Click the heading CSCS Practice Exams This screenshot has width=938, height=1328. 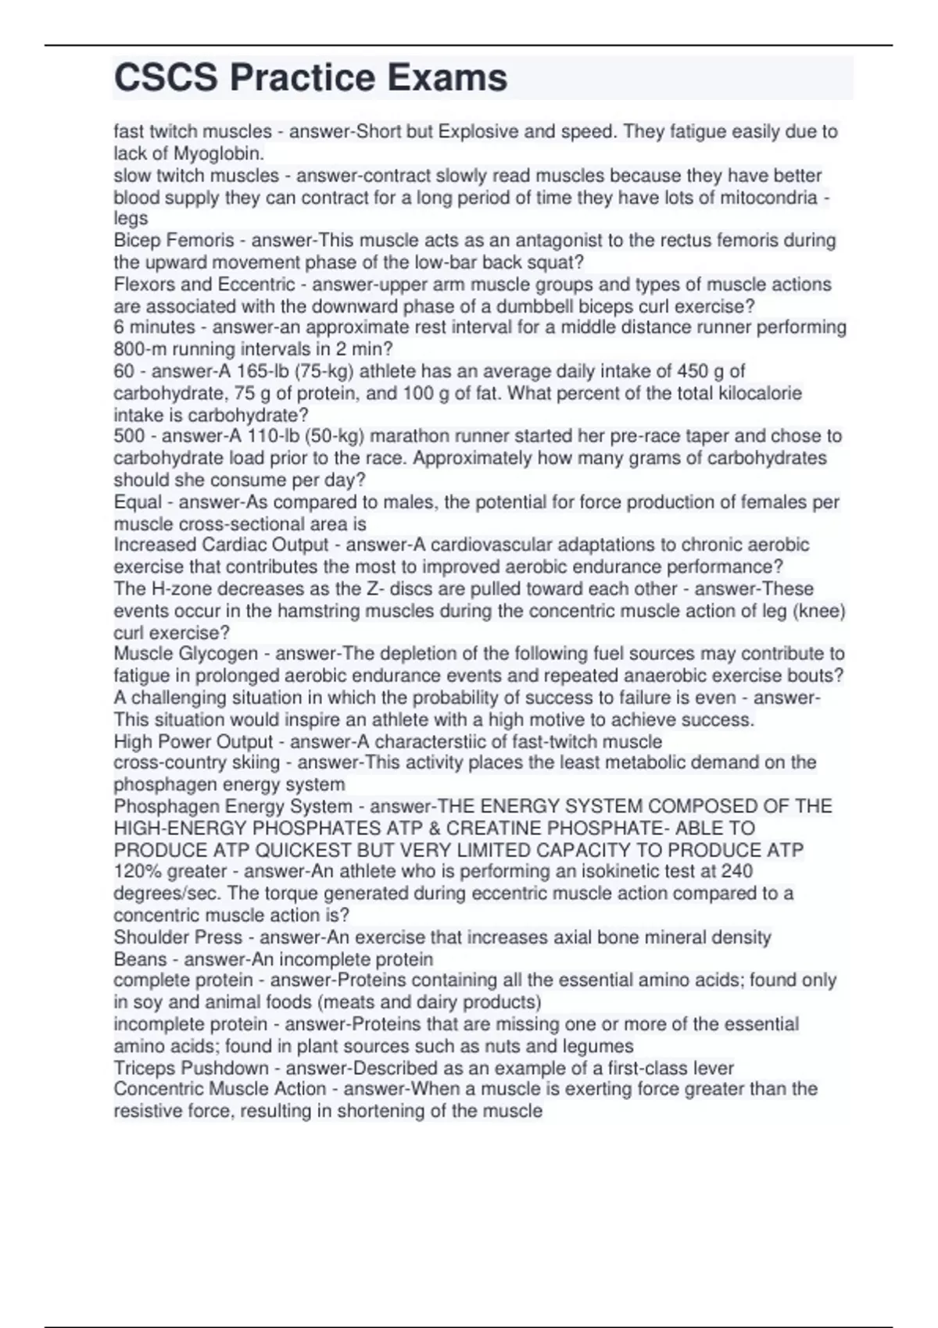[x=310, y=78]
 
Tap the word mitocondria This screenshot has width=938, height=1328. [x=757, y=198]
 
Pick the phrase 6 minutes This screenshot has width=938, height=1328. [x=154, y=327]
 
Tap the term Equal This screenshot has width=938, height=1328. [x=138, y=502]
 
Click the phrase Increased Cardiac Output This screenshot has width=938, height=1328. [x=221, y=544]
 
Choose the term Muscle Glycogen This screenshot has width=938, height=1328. [x=185, y=653]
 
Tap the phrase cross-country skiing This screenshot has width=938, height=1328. [x=196, y=762]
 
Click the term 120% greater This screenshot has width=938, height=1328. [x=170, y=871]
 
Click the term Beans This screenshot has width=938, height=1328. [x=140, y=959]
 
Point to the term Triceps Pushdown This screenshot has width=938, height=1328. [x=191, y=1068]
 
